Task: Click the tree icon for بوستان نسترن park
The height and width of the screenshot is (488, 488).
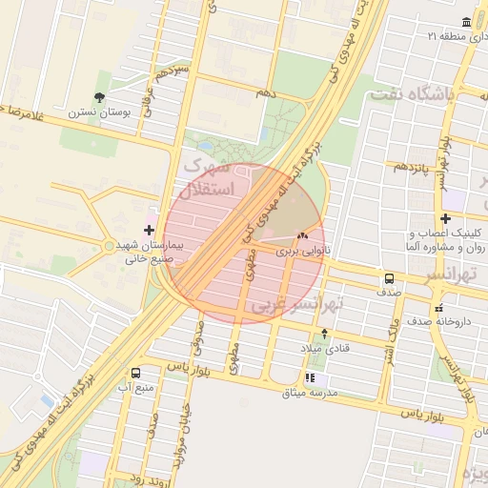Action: pos(100,97)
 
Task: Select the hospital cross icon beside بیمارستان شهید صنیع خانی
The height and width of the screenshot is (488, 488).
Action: pos(149,230)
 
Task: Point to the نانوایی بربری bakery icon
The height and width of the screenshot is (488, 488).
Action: pos(303,235)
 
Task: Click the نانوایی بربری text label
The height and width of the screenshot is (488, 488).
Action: pos(301,252)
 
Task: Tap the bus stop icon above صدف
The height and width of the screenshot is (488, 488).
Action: pos(389,278)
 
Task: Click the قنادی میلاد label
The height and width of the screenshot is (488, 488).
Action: pos(328,349)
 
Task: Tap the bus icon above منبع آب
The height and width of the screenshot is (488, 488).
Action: pos(135,373)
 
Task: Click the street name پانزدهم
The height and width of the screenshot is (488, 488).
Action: pos(412,168)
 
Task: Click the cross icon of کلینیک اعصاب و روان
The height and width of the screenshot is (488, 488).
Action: pos(445,218)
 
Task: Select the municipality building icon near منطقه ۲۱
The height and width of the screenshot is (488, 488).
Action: pos(466,21)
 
